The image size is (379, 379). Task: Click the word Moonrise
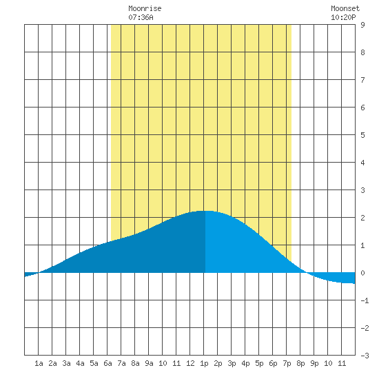[x=145, y=8]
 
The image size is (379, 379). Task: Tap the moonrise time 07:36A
[x=141, y=17]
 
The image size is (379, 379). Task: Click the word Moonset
[x=345, y=8]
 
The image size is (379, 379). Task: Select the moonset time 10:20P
[x=343, y=17]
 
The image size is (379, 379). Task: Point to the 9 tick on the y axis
[x=362, y=25]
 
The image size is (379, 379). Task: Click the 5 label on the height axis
[x=362, y=135]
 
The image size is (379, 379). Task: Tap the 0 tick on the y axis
[x=362, y=273]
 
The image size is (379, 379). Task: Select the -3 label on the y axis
[x=365, y=356]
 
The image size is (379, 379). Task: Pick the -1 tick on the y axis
[x=365, y=300]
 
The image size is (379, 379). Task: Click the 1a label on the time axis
[x=39, y=363]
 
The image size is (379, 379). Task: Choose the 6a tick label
[x=107, y=363]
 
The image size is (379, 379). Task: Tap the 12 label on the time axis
[x=190, y=363]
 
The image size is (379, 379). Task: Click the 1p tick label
[x=204, y=364]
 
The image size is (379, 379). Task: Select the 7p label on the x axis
[x=287, y=364]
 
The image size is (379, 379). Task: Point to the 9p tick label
[x=314, y=364]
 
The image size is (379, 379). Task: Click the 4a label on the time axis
[x=80, y=363]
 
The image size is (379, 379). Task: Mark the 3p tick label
[x=232, y=364]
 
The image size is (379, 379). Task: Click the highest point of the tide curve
[x=204, y=211]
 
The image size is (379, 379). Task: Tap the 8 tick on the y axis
[x=362, y=52]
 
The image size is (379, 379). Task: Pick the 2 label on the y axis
[x=362, y=218]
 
